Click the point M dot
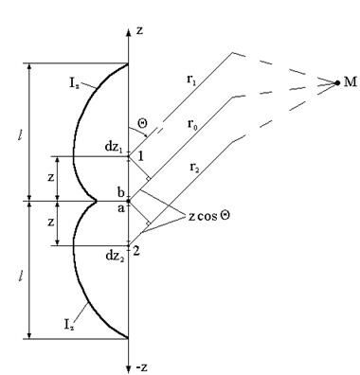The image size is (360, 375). tap(337, 82)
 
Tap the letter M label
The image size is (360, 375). tap(350, 82)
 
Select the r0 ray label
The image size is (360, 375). tap(192, 123)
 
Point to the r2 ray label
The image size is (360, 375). tap(194, 168)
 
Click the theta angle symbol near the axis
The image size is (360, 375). tap(142, 122)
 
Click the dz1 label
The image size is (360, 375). tap(114, 147)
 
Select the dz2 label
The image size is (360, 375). tap(115, 256)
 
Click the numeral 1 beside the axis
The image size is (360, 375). tap(140, 156)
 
